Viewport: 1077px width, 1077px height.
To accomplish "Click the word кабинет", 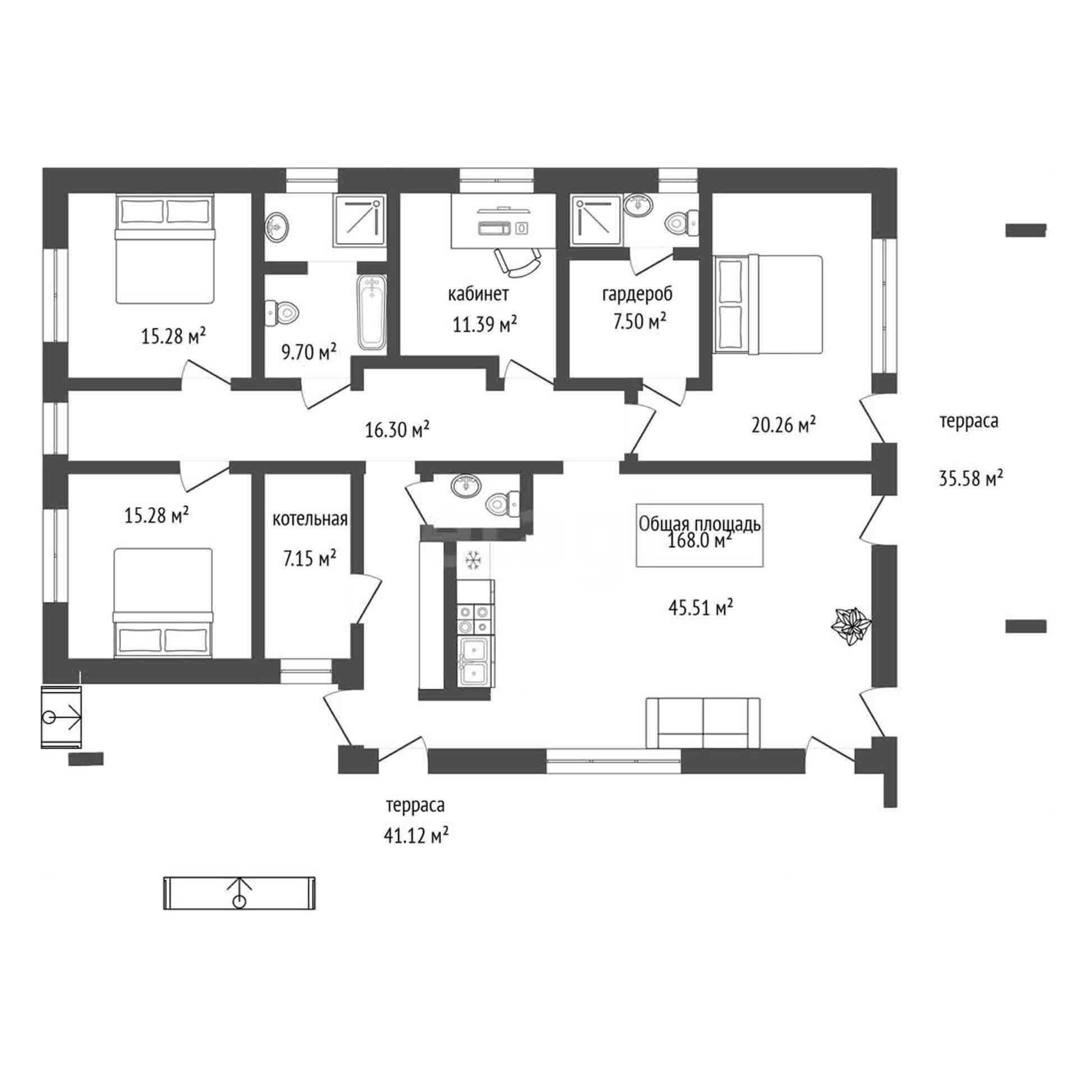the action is (478, 294).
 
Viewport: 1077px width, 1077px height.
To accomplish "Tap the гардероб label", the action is (637, 294).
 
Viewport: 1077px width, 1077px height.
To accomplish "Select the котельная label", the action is (310, 519).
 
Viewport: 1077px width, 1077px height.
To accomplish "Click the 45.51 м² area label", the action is (701, 607).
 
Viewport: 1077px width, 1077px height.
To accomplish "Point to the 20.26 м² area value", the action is (783, 425).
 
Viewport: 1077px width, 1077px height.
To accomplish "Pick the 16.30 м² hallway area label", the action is (397, 430).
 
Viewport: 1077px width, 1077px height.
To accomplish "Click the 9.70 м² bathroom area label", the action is (309, 353).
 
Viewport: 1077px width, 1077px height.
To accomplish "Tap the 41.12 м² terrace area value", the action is (416, 836).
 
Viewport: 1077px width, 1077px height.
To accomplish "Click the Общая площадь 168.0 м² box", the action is (699, 535).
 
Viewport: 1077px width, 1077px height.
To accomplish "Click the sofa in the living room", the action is (703, 723).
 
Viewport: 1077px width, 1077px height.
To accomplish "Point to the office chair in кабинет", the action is (518, 262).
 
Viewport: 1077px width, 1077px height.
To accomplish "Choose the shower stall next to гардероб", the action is (596, 220).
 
